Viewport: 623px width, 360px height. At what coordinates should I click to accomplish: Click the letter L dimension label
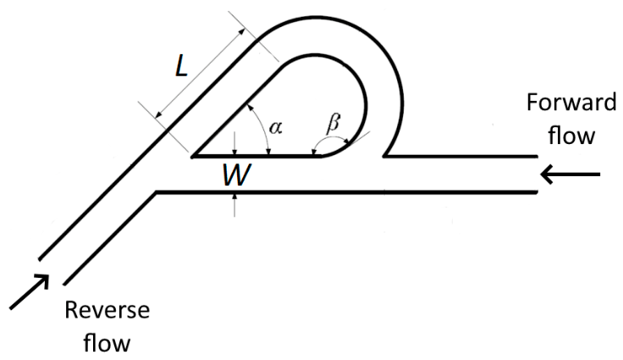(182, 65)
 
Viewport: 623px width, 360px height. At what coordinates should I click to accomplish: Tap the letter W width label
(236, 175)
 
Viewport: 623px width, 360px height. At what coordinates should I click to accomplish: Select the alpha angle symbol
(276, 127)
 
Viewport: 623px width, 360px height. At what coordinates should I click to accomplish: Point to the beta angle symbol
(333, 123)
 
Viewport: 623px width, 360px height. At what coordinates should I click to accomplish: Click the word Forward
(571, 102)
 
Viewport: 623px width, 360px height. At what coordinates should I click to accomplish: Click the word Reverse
(108, 310)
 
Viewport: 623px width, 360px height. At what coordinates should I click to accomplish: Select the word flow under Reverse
(107, 342)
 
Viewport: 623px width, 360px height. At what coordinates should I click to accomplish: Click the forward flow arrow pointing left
(571, 174)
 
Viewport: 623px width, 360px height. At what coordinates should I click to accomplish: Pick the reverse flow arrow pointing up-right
(30, 291)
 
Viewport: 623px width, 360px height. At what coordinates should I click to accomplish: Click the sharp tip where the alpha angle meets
(192, 157)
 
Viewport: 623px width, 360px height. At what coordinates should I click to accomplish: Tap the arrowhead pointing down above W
(234, 151)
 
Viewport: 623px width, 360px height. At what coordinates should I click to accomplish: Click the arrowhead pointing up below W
(234, 197)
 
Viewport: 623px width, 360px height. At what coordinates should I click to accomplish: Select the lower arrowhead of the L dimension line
(158, 114)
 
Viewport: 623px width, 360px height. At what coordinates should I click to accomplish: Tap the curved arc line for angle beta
(331, 137)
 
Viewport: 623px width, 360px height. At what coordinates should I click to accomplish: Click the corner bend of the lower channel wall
(156, 193)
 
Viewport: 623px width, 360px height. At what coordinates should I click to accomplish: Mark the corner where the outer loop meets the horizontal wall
(384, 156)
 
